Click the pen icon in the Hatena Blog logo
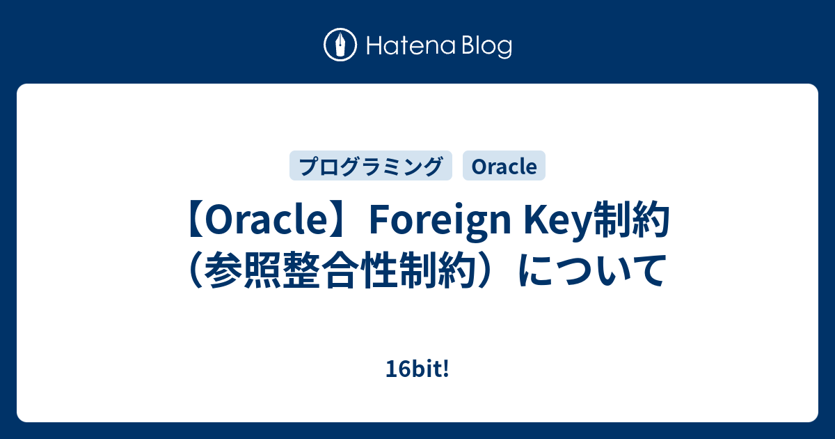340,46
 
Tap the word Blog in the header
484,47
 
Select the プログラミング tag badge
371,166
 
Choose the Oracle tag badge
504,166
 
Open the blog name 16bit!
417,371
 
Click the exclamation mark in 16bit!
446,371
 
